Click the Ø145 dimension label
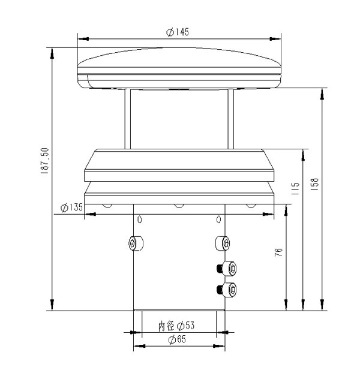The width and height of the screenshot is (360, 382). pos(178,32)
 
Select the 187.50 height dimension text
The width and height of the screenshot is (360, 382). pos(45,161)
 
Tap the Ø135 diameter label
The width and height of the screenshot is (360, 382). pos(71,207)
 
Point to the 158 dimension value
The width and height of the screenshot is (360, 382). pos(315,184)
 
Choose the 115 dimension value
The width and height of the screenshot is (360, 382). pos(295,188)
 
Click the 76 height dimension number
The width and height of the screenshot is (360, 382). pos(278,252)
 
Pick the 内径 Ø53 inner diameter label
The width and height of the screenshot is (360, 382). pos(176,326)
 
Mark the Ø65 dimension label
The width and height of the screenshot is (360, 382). pos(177,339)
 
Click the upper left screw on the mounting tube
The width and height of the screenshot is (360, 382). pos(136,243)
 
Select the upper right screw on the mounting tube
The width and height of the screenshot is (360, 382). pos(222,243)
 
